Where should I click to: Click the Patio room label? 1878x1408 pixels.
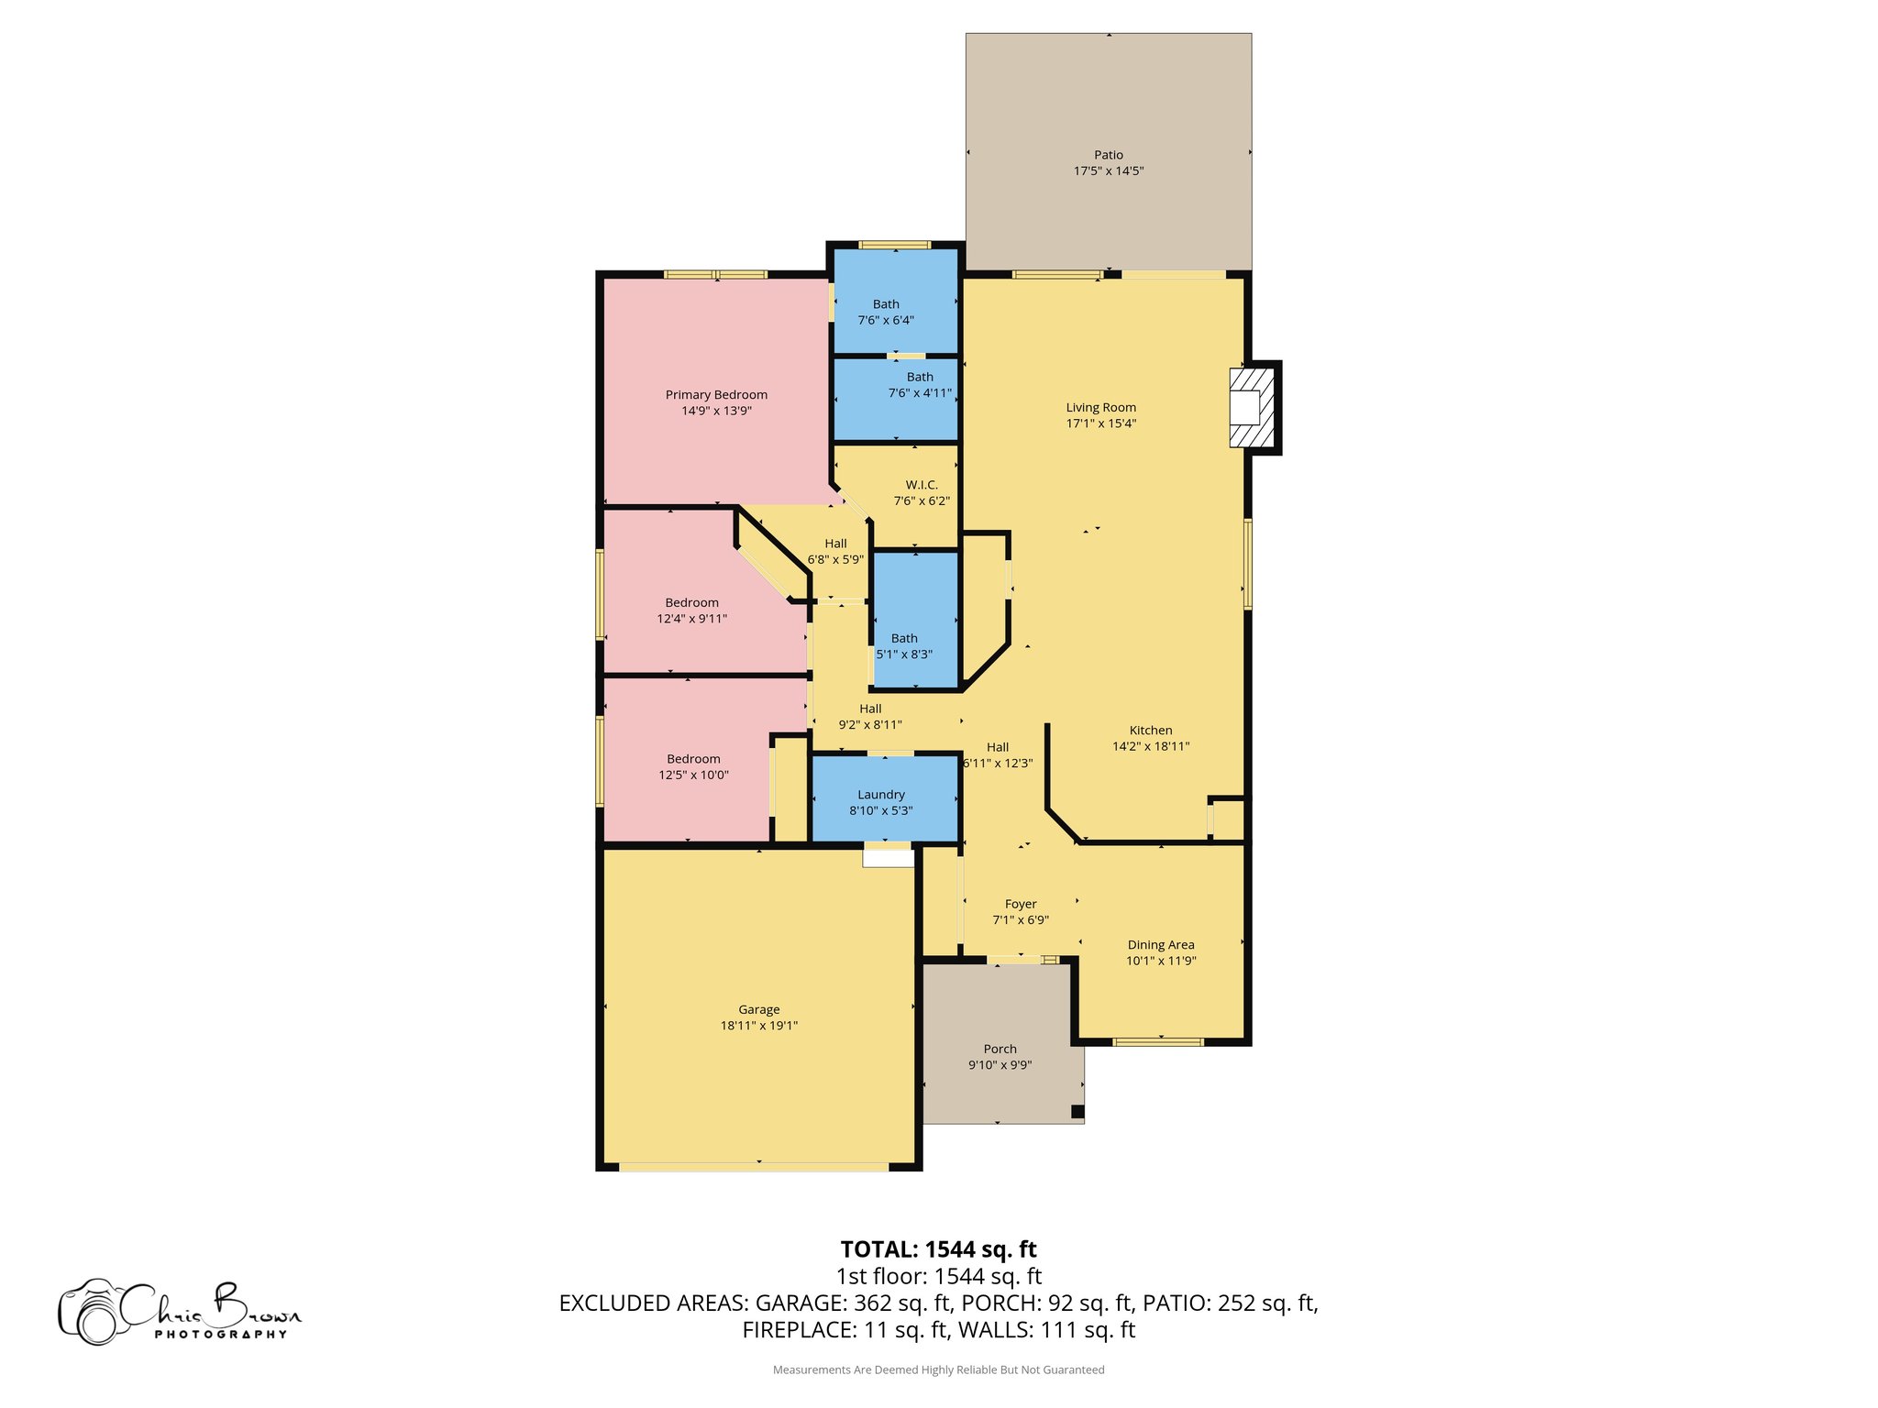point(1108,155)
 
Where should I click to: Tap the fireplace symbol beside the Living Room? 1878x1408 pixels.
point(1250,407)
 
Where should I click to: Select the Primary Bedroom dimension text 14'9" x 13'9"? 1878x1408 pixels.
point(716,411)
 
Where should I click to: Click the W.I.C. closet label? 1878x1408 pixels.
point(922,485)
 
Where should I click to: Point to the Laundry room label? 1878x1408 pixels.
point(881,795)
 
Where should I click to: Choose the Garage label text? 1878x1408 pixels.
point(758,1009)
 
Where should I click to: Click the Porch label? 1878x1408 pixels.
point(1000,1049)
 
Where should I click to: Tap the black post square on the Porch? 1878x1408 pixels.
point(1077,1112)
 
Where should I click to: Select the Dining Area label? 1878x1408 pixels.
point(1161,945)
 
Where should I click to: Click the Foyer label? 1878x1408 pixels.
point(1021,904)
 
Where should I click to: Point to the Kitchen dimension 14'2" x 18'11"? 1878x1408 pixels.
point(1151,746)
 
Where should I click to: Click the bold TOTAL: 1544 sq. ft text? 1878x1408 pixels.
point(938,1249)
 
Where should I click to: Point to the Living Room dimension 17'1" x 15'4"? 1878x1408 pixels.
point(1100,423)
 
